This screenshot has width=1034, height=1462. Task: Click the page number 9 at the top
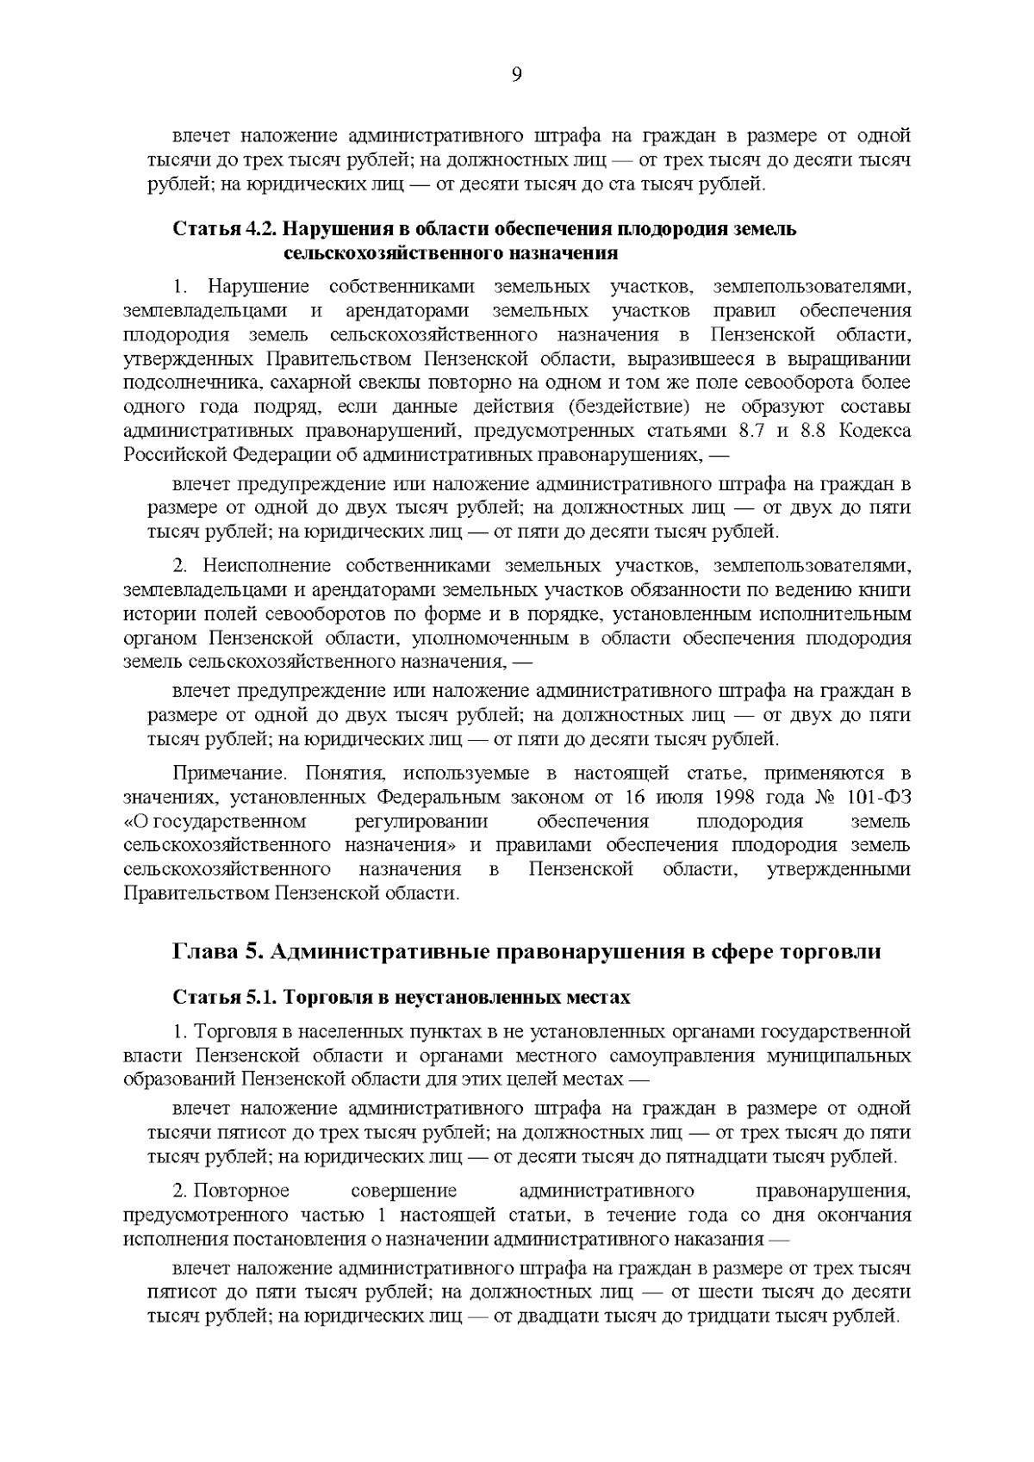(516, 75)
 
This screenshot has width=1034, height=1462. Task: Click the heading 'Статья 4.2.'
(226, 230)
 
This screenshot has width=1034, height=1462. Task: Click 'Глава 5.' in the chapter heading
(216, 952)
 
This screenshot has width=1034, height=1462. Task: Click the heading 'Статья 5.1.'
(224, 998)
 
